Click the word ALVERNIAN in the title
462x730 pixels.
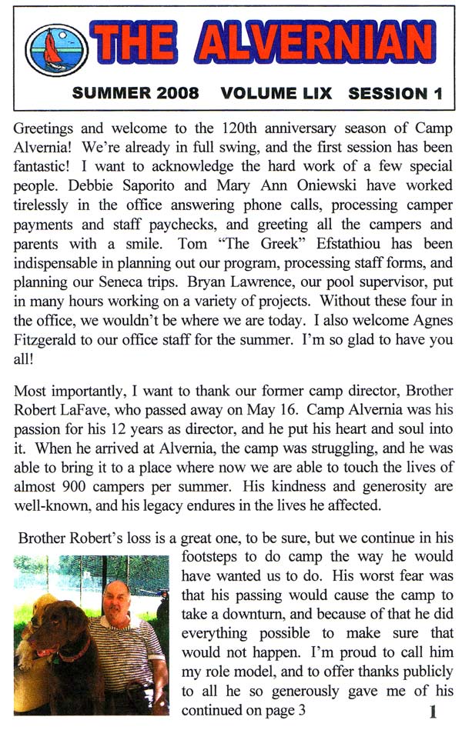312,43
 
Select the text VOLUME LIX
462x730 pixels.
276,94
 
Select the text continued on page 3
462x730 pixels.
243,710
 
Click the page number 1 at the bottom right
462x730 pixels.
433,712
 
